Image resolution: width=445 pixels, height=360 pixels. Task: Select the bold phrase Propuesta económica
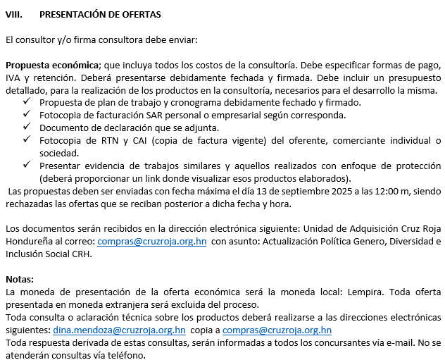(51, 65)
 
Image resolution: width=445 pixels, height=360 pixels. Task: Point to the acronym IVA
(14, 77)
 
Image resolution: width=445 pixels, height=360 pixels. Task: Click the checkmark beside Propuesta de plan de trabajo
(26, 102)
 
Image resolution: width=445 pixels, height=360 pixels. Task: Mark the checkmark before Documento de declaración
(26, 127)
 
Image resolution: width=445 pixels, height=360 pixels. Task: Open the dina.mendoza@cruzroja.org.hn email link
(119, 330)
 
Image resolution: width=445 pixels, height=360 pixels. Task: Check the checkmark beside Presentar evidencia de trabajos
(26, 166)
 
